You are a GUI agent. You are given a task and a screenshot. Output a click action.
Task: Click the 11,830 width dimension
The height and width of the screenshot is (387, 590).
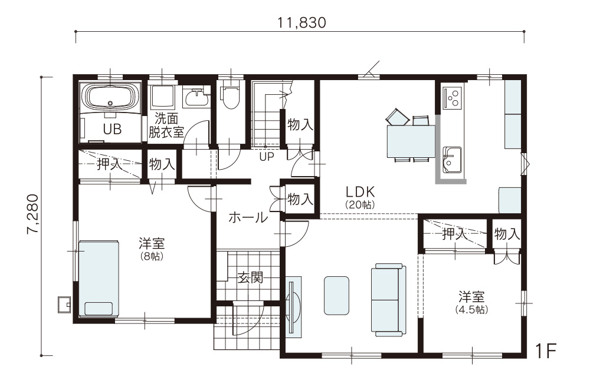(x=301, y=22)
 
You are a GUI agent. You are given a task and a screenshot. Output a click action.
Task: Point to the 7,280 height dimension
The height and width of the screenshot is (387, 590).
(x=32, y=214)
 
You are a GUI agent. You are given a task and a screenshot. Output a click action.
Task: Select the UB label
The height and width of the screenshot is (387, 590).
(x=112, y=129)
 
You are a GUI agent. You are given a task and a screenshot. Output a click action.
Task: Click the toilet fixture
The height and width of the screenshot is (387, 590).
(x=230, y=96)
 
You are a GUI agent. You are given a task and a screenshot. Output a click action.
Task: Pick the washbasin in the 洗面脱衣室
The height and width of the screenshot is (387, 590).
(x=197, y=98)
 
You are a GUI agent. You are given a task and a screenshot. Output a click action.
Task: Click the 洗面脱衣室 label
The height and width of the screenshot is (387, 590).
(x=166, y=125)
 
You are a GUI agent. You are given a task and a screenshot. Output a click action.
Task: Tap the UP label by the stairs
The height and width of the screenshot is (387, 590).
(x=267, y=157)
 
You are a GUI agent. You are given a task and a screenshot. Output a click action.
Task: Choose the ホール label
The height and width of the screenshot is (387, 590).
(x=248, y=217)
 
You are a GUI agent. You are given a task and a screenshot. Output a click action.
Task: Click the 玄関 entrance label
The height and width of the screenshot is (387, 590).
(x=251, y=277)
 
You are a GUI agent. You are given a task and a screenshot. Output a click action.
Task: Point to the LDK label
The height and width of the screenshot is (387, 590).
(x=360, y=192)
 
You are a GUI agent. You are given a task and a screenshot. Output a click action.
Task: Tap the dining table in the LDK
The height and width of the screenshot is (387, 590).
(x=411, y=141)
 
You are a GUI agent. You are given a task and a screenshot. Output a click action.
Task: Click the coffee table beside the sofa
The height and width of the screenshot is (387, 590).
(x=336, y=295)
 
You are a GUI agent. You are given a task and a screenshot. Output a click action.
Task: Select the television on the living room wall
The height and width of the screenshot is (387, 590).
(x=293, y=307)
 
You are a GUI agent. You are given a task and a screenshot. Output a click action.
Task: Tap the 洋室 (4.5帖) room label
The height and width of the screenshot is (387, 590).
(x=471, y=303)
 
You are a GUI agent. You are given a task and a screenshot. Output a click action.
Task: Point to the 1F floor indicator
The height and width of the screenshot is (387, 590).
(x=545, y=351)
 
